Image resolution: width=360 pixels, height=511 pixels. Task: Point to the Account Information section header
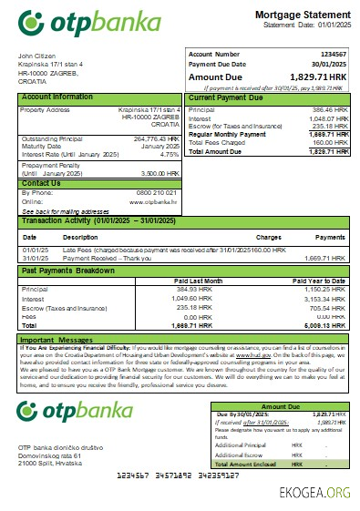click(x=57, y=97)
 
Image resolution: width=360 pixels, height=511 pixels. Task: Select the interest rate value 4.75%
click(x=169, y=154)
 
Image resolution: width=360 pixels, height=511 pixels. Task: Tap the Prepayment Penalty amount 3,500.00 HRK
click(x=160, y=172)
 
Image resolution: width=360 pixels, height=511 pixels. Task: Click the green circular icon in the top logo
click(x=30, y=21)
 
